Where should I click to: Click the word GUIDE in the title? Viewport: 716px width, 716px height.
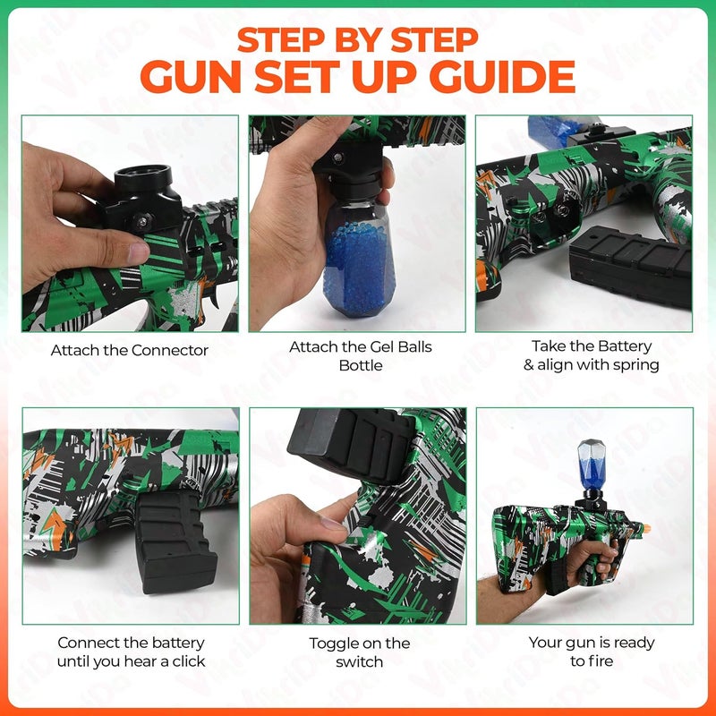[502, 76]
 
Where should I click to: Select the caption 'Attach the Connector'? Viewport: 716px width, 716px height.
[129, 350]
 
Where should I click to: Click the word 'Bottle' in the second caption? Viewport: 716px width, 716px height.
[361, 365]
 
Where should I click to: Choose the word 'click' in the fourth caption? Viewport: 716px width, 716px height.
[189, 661]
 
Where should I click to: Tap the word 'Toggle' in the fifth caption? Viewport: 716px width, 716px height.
[331, 644]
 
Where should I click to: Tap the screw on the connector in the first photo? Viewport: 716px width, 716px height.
[142, 222]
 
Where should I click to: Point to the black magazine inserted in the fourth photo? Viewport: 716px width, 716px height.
[175, 541]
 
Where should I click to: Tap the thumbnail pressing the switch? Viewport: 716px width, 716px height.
[332, 523]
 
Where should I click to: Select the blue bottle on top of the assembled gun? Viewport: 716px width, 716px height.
[592, 464]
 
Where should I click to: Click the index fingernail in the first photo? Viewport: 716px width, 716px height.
[139, 253]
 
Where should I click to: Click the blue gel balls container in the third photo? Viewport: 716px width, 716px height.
[555, 132]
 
